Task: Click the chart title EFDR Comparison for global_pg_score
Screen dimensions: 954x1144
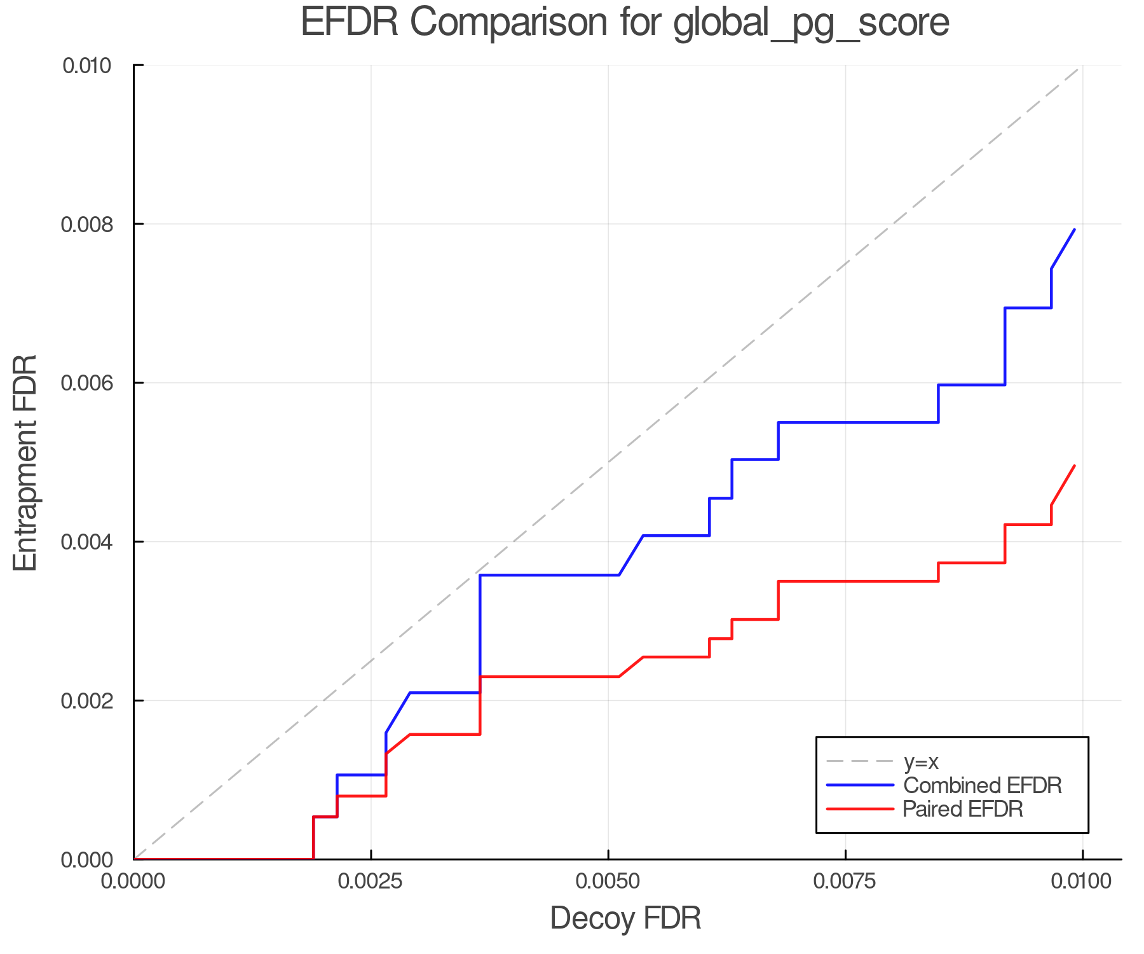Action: (x=625, y=23)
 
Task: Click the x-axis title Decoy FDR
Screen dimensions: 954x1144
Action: (x=625, y=918)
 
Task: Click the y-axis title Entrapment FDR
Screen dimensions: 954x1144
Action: (x=26, y=463)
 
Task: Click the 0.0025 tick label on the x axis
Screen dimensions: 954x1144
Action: (x=371, y=882)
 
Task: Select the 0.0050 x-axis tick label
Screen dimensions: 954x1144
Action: (x=608, y=882)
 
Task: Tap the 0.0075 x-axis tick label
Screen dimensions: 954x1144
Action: (x=845, y=882)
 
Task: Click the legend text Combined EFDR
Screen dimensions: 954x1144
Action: (x=982, y=785)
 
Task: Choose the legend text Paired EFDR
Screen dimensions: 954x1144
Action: (x=963, y=809)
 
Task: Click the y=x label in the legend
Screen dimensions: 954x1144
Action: (x=921, y=761)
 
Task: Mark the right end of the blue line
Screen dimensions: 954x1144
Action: (x=1075, y=230)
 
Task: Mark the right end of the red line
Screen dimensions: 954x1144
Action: (x=1075, y=466)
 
